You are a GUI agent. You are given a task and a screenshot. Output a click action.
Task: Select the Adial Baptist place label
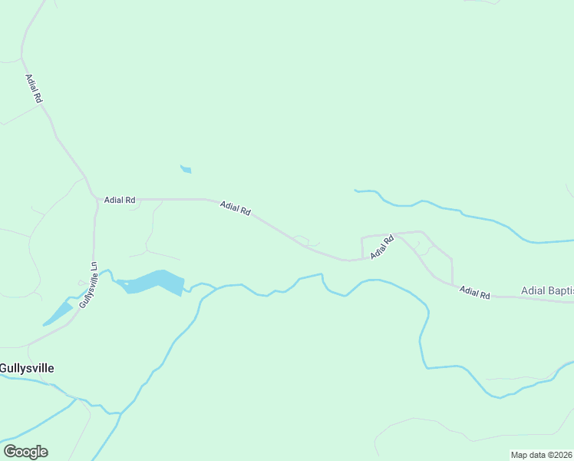(x=546, y=290)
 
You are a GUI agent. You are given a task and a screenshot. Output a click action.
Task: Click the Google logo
(x=25, y=452)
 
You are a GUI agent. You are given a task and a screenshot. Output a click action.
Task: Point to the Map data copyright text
(x=542, y=455)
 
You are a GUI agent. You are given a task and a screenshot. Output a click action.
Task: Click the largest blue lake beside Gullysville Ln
(x=153, y=282)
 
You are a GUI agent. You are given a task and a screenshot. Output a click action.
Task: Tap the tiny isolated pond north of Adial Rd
(x=186, y=169)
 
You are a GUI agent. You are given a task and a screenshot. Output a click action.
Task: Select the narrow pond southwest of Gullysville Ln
(x=58, y=313)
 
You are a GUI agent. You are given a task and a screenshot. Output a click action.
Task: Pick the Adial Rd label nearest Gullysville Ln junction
(x=120, y=200)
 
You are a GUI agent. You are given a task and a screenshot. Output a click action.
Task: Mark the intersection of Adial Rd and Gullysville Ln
(x=97, y=201)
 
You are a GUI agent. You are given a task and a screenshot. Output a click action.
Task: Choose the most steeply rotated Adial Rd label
(x=33, y=89)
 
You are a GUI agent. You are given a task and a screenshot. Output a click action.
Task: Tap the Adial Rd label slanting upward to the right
(x=381, y=246)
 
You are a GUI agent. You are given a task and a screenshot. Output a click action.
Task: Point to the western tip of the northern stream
(x=355, y=190)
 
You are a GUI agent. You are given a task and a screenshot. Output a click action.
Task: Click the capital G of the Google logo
(x=10, y=451)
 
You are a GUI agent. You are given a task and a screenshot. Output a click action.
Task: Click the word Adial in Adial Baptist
(x=533, y=290)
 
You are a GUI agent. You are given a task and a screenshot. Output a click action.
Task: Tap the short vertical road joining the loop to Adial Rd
(x=361, y=247)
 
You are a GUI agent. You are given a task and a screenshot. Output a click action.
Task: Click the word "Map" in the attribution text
(x=520, y=455)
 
